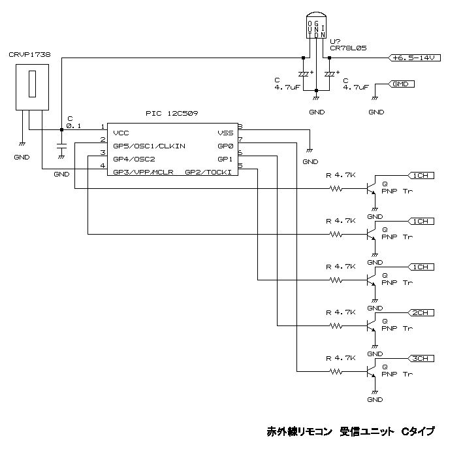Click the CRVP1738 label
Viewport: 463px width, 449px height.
29,55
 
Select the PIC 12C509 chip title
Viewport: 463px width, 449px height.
172,113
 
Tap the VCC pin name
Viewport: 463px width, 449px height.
121,133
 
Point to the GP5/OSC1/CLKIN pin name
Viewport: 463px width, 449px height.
149,146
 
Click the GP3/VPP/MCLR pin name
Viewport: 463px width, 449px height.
143,172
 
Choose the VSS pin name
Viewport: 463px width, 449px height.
225,133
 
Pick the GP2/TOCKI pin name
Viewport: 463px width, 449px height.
208,172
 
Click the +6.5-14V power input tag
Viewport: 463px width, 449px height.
414,58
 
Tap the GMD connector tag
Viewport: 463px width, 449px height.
400,84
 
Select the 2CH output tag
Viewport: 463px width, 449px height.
421,313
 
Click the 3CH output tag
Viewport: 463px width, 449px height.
421,359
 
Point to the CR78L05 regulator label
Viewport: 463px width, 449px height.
348,48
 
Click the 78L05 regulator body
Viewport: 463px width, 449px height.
316,25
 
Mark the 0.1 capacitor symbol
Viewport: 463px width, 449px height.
61,146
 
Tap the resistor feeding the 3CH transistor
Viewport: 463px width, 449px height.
336,372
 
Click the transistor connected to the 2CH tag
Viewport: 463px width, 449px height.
371,325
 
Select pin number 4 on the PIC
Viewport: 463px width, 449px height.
103,165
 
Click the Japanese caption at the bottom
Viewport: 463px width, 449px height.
351,432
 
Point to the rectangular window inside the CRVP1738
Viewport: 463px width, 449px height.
32,84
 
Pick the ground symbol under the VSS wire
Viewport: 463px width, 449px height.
310,151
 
